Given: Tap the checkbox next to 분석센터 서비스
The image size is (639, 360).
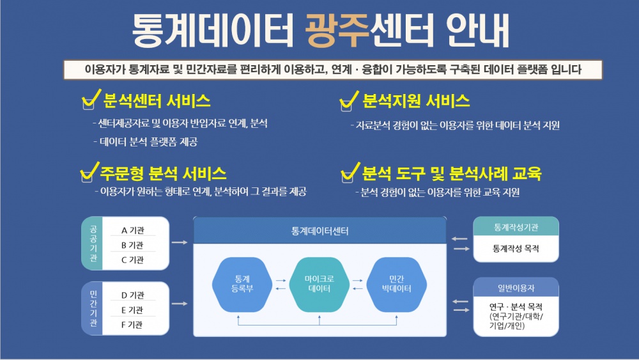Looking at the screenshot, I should coord(89,104).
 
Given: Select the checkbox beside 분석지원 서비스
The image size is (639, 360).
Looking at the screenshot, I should coord(346,105).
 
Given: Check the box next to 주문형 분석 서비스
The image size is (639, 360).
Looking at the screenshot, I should coord(88,176).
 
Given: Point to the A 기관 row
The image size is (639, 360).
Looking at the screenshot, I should coord(132,231).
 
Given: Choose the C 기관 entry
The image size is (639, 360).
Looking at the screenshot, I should coord(132,260).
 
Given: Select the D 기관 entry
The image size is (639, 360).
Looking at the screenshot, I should coord(132,295).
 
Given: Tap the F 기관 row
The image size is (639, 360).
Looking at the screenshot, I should coord(132,325).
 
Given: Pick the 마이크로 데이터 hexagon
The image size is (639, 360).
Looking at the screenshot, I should coord(319,283).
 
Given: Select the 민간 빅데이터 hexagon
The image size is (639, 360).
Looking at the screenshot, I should coord(400,283).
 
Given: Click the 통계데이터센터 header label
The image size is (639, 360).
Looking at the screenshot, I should coord(319,230).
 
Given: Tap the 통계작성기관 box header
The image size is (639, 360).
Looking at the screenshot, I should coord(516,227).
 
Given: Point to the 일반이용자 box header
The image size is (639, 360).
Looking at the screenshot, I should coord(516,288).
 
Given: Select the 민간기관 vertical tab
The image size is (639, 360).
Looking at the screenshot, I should coord(93,309).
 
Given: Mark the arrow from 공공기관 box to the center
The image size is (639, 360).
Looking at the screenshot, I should coord(180,243).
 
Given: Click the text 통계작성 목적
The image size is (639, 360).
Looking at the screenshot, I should coord(516,248).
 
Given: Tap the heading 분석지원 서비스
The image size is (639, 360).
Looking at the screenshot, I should coord(416,101).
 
